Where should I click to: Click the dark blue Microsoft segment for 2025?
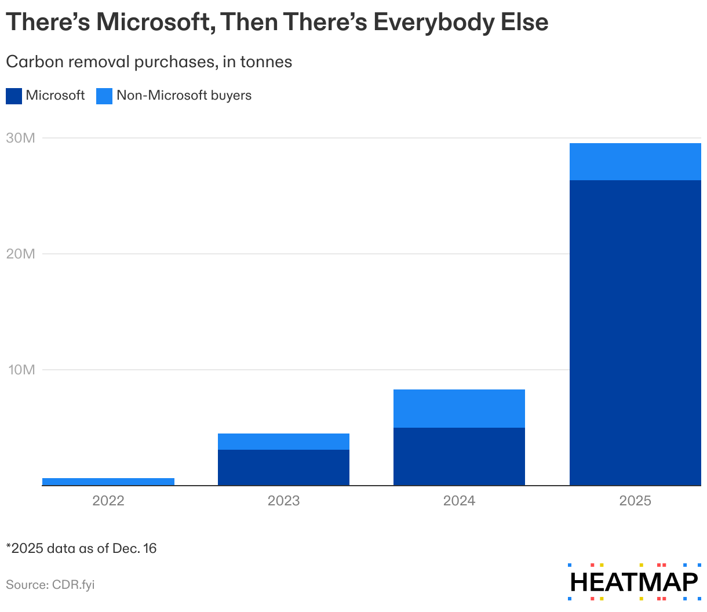pyautogui.click(x=635, y=333)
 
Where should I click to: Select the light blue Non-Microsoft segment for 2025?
pyautogui.click(x=635, y=162)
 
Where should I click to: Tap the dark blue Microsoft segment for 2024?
pyautogui.click(x=459, y=456)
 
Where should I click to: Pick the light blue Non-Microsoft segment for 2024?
pyautogui.click(x=459, y=409)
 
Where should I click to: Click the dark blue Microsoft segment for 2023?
pyautogui.click(x=283, y=467)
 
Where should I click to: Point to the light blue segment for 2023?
pyautogui.click(x=283, y=442)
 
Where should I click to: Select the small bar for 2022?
pyautogui.click(x=108, y=482)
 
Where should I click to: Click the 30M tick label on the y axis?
pyautogui.click(x=21, y=138)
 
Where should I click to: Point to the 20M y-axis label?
pyautogui.click(x=21, y=254)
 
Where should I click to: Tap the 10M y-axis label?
pyautogui.click(x=21, y=370)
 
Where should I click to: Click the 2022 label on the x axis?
pyautogui.click(x=108, y=501)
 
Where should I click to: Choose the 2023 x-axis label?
pyautogui.click(x=283, y=501)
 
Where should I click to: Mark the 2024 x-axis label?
pyautogui.click(x=459, y=501)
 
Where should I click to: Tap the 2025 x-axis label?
pyautogui.click(x=635, y=501)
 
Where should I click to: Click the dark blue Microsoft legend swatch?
pyautogui.click(x=14, y=96)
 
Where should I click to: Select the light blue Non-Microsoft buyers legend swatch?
pyautogui.click(x=104, y=96)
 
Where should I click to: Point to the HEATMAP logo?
pyautogui.click(x=634, y=582)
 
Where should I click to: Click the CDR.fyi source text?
pyautogui.click(x=72, y=585)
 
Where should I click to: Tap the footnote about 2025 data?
pyautogui.click(x=81, y=548)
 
